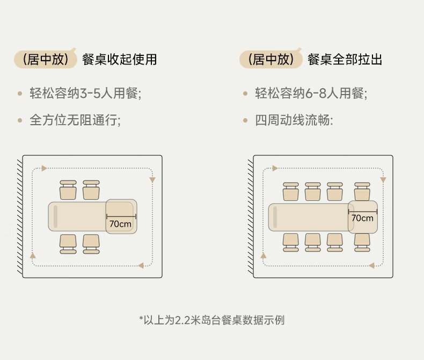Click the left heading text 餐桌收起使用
[119, 59]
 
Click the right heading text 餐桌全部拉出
[345, 59]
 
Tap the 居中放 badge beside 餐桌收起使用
[46, 59]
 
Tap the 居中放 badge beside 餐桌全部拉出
[271, 59]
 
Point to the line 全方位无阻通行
[75, 120]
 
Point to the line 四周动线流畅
[294, 120]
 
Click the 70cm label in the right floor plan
[362, 218]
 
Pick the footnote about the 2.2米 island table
[212, 320]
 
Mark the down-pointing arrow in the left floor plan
[152, 180]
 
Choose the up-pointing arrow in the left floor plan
[33, 255]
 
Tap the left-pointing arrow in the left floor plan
[141, 265]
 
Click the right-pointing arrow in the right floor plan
[275, 168]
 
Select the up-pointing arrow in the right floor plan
[263, 256]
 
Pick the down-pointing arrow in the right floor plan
[383, 180]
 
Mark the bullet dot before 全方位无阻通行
[20, 120]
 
